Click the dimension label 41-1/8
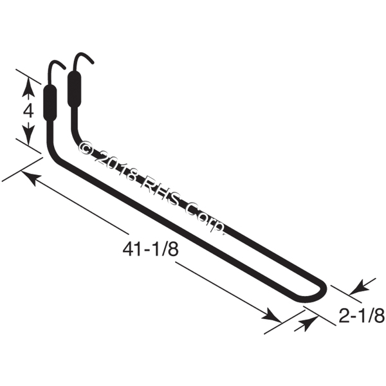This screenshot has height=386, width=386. [150, 250]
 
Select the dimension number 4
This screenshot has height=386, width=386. [28, 112]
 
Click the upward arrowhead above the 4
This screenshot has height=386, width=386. [28, 86]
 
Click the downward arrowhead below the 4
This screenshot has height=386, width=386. [28, 135]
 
